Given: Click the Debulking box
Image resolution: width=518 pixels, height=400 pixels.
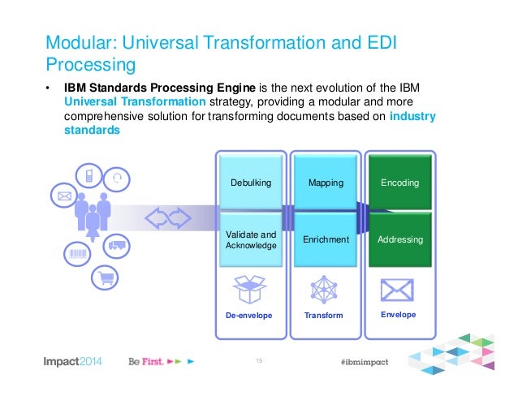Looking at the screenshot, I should tap(250, 183).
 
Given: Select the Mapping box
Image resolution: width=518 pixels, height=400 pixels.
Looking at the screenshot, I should tap(326, 183).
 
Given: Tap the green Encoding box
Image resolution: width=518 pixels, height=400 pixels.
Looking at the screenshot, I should tap(400, 183).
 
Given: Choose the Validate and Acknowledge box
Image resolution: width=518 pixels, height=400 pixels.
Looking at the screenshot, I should tap(250, 239).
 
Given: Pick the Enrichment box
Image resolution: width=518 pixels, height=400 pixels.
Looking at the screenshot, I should tap(326, 240).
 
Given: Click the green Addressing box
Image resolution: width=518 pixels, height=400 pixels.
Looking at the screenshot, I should tap(400, 240).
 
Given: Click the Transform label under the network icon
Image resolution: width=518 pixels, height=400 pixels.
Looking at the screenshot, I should tap(325, 315).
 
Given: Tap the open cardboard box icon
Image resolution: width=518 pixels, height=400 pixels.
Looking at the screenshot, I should tap(250, 289).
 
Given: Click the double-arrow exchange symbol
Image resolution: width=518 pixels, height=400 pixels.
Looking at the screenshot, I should tap(168, 218).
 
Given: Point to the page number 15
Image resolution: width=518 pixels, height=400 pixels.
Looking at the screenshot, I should tap(260, 359).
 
